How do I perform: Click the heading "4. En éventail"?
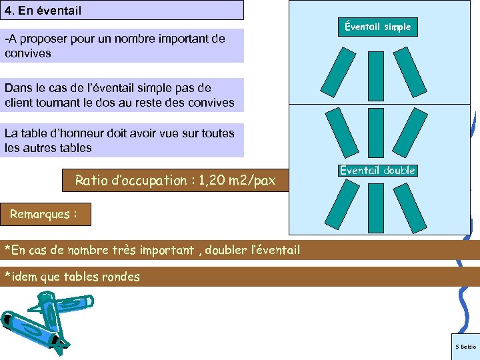[43, 11]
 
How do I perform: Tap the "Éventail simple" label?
[377, 27]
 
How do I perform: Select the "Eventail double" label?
[377, 171]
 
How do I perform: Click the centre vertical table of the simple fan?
[377, 76]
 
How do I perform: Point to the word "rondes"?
[120, 277]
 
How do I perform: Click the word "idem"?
[25, 277]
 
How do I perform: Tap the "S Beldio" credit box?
[465, 347]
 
